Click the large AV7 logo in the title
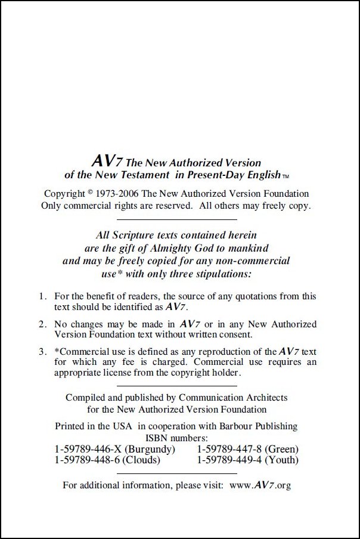(105, 162)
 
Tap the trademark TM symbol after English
(285, 176)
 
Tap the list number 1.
(42, 296)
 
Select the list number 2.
(42, 324)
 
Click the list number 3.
(42, 352)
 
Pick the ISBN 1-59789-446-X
(89, 448)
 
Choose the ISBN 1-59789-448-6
(89, 460)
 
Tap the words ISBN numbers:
(178, 438)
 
